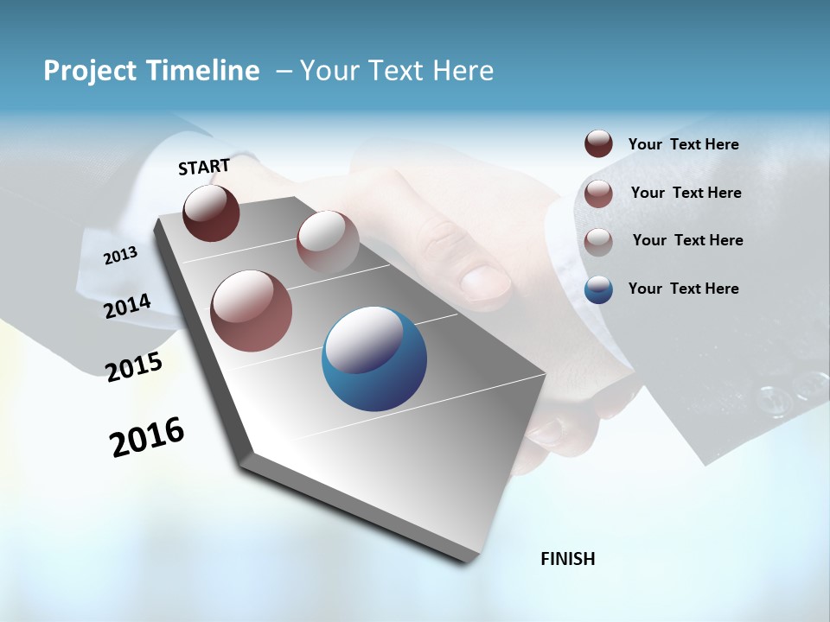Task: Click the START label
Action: pyautogui.click(x=204, y=167)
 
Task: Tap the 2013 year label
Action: pyautogui.click(x=120, y=255)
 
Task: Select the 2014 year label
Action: pyautogui.click(x=127, y=306)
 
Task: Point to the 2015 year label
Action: pyautogui.click(x=134, y=367)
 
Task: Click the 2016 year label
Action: pyautogui.click(x=147, y=436)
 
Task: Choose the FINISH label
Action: pyautogui.click(x=567, y=559)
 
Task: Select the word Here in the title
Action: pyautogui.click(x=463, y=71)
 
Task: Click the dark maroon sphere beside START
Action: pyautogui.click(x=211, y=213)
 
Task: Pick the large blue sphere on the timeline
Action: pyautogui.click(x=373, y=359)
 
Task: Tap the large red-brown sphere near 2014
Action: pyautogui.click(x=251, y=311)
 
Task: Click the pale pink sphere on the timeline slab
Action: pyautogui.click(x=328, y=241)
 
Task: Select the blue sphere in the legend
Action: pyautogui.click(x=598, y=289)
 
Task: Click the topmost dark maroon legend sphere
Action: pyautogui.click(x=598, y=143)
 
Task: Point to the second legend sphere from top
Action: pyautogui.click(x=598, y=194)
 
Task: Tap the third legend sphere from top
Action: pyautogui.click(x=598, y=241)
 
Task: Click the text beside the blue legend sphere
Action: pyautogui.click(x=683, y=289)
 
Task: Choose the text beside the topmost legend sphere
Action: pyautogui.click(x=683, y=144)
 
